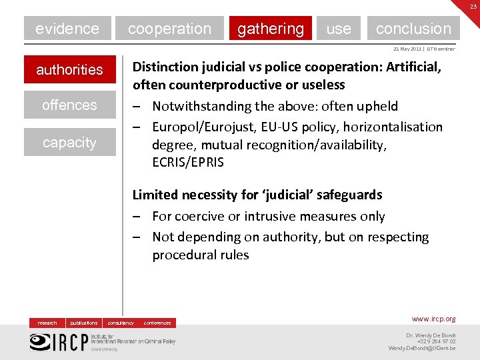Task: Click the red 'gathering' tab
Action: point(270,29)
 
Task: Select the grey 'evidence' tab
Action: point(67,29)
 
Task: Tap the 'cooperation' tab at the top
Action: point(169,29)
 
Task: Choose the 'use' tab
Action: point(339,29)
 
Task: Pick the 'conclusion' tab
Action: point(413,29)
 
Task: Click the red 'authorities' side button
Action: point(69,69)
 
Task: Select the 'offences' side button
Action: point(69,105)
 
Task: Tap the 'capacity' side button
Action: point(69,142)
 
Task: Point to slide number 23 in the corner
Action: point(473,6)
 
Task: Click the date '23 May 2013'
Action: point(397,49)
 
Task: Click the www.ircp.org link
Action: point(433,319)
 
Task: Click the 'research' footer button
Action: point(47,323)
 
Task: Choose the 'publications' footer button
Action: point(84,323)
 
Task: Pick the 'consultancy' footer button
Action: point(121,323)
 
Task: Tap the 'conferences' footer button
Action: point(157,323)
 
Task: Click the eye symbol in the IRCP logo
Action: point(40,341)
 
